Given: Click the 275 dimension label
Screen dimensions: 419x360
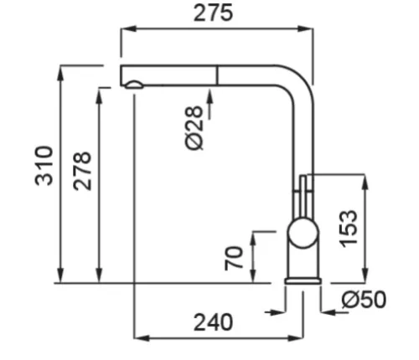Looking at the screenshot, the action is pyautogui.click(x=213, y=13).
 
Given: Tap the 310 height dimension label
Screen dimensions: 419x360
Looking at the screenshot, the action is pyautogui.click(x=44, y=166).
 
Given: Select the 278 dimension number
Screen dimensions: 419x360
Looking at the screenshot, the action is pyautogui.click(x=82, y=171).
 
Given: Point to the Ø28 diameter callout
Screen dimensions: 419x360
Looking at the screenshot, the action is pyautogui.click(x=194, y=128).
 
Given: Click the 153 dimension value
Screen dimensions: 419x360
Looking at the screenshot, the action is pyautogui.click(x=348, y=229).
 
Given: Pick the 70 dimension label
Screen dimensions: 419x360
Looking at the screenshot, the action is pyautogui.click(x=234, y=258).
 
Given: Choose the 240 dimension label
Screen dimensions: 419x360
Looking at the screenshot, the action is pyautogui.click(x=213, y=322).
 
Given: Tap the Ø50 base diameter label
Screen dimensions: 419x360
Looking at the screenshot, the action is pyautogui.click(x=364, y=300).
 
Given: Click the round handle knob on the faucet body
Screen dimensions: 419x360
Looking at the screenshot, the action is pyautogui.click(x=303, y=234).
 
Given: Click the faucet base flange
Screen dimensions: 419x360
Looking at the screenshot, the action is pyautogui.click(x=303, y=281).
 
